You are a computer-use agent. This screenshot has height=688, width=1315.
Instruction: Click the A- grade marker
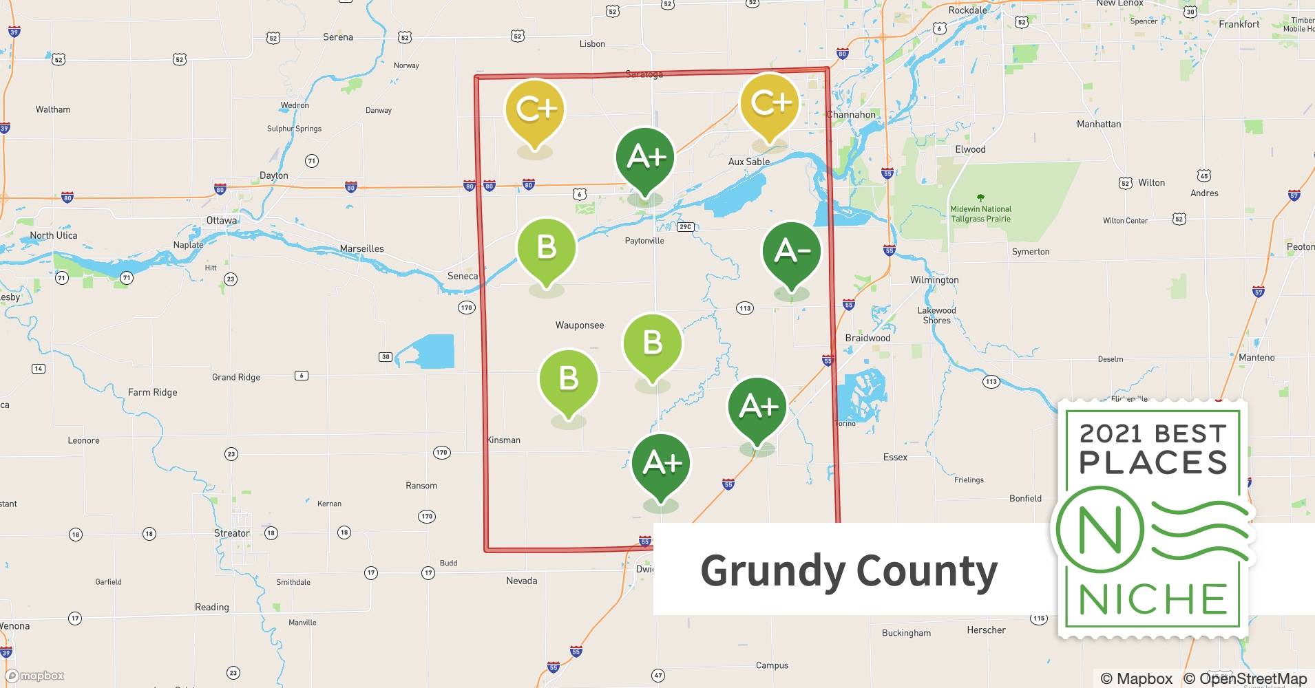pos(791,252)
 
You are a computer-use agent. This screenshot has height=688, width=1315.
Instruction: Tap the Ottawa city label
pos(222,220)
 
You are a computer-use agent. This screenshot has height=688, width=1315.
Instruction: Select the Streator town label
pos(232,533)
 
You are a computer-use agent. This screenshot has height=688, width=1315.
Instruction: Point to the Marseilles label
pos(361,248)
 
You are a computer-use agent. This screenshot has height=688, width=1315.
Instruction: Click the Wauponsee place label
pos(580,325)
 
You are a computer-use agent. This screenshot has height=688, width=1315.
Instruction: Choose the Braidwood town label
pos(867,338)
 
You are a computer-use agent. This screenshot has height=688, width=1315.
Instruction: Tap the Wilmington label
pos(934,280)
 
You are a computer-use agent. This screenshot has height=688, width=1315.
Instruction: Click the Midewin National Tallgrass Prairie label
pos(980,213)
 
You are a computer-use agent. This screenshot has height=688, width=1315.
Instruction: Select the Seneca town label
pos(462,276)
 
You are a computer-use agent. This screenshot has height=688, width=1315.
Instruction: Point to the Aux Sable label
pos(749,162)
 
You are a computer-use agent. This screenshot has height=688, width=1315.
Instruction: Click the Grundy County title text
pos(848,571)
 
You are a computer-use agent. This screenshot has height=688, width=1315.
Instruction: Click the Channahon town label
pos(852,114)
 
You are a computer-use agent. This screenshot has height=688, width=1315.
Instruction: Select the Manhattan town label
pos(1099,124)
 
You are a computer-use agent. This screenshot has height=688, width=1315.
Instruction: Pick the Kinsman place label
pos(504,440)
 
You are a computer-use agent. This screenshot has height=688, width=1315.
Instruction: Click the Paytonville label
pos(644,241)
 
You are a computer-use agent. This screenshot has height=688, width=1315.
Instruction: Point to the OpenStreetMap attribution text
pos(1242,678)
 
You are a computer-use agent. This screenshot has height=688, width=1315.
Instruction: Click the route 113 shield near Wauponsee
pos(744,308)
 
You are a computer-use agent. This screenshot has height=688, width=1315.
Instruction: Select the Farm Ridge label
pos(152,392)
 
